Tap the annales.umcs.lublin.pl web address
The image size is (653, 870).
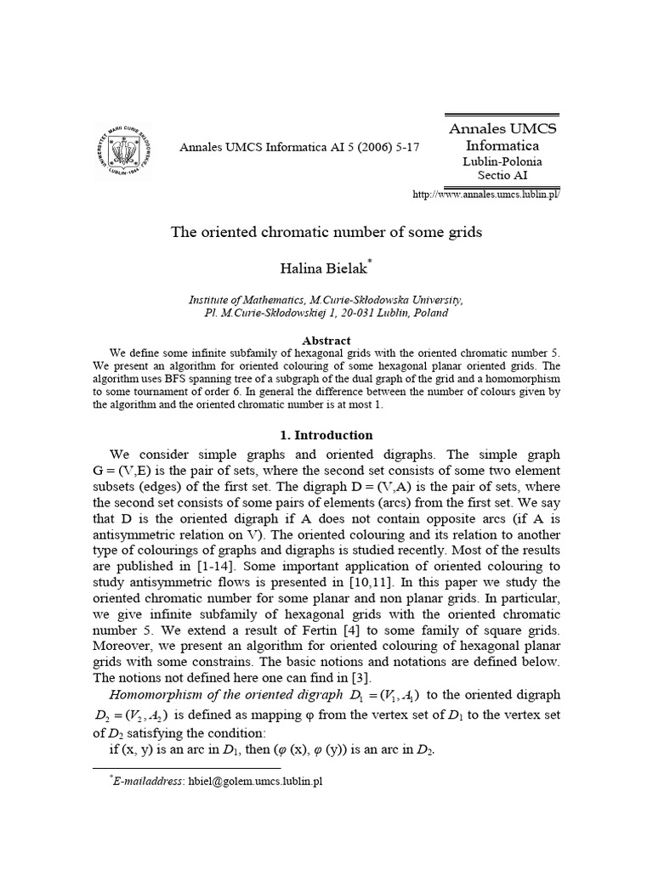click(485, 194)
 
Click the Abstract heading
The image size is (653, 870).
click(326, 341)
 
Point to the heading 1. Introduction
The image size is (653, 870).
click(326, 435)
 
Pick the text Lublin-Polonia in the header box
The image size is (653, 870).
click(502, 160)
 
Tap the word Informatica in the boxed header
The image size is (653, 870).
click(502, 144)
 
